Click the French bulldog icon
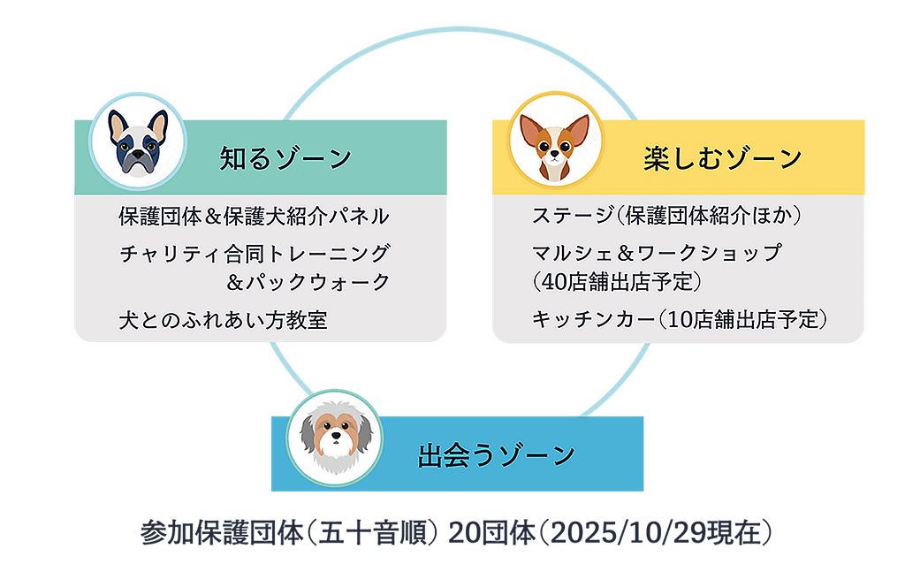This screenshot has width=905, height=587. [x=138, y=142]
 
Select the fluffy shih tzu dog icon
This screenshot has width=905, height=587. [x=335, y=438]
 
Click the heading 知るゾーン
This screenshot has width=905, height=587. [x=285, y=158]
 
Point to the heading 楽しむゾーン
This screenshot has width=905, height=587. [x=723, y=158]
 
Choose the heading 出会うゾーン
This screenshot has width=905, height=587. [x=497, y=455]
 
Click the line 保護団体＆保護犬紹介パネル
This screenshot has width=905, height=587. [x=254, y=217]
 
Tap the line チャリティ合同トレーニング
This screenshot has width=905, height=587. [x=255, y=254]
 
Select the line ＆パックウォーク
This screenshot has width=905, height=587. [x=308, y=282]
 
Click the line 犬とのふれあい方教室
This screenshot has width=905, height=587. [x=223, y=320]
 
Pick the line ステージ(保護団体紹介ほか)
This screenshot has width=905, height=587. [x=666, y=216]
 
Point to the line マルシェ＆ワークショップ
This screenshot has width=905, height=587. [x=657, y=253]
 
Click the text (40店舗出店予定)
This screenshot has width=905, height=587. [x=616, y=282]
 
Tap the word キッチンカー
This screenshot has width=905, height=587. [x=593, y=318]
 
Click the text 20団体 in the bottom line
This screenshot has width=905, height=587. [x=491, y=532]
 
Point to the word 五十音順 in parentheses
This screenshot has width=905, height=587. [x=372, y=532]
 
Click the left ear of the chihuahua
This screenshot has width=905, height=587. [x=530, y=130]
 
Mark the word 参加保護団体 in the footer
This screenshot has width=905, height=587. [x=222, y=532]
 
